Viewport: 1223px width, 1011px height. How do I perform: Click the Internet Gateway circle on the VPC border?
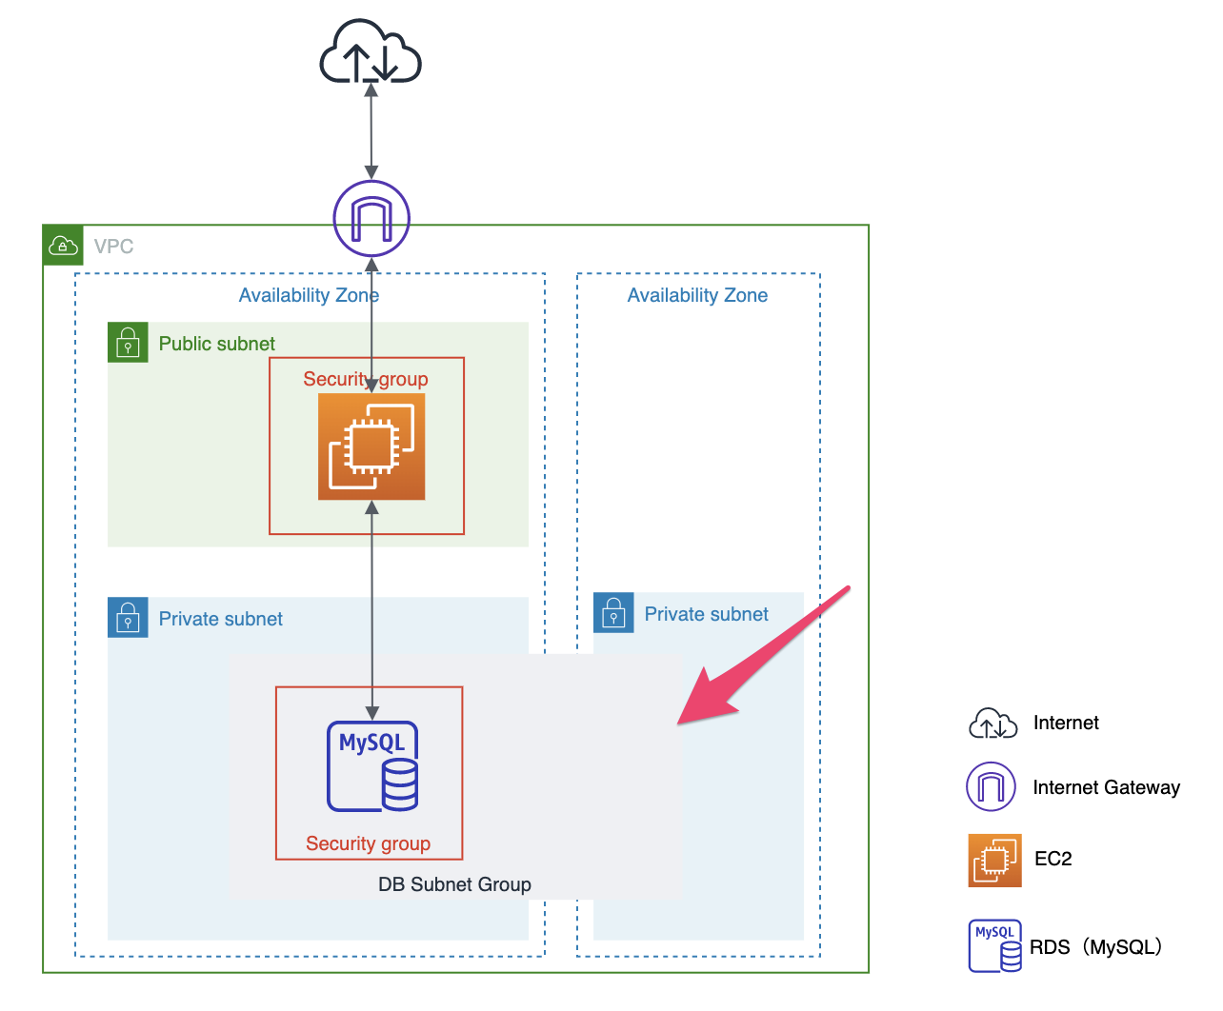[x=371, y=219]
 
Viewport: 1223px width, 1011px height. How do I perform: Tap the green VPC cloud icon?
[x=63, y=246]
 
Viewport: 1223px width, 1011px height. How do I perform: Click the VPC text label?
[x=113, y=247]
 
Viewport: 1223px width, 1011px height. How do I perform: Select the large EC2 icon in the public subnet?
[x=371, y=446]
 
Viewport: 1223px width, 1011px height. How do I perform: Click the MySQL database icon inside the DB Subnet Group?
[x=373, y=766]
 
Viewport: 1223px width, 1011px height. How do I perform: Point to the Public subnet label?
[x=216, y=344]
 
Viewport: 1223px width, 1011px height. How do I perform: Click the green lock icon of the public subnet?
[x=128, y=343]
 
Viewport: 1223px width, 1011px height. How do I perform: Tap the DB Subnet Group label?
[x=454, y=884]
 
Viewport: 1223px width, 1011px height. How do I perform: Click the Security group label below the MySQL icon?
[x=368, y=843]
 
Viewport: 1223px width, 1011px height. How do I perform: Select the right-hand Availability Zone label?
[x=697, y=295]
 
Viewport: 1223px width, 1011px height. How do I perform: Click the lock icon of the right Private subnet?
[x=613, y=613]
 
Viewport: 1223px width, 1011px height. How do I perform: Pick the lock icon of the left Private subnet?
[x=128, y=618]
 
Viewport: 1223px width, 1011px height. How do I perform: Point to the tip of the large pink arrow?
[x=680, y=723]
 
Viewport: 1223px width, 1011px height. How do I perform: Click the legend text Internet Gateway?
[x=1106, y=787]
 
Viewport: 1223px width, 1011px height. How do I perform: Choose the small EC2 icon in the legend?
[x=994, y=861]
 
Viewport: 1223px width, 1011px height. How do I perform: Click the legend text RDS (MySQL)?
[x=1096, y=947]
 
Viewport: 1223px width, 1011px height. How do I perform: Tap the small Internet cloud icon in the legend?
[x=992, y=724]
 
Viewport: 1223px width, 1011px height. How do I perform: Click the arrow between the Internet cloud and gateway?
[x=371, y=130]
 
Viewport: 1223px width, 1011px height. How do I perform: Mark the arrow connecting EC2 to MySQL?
[x=372, y=609]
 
